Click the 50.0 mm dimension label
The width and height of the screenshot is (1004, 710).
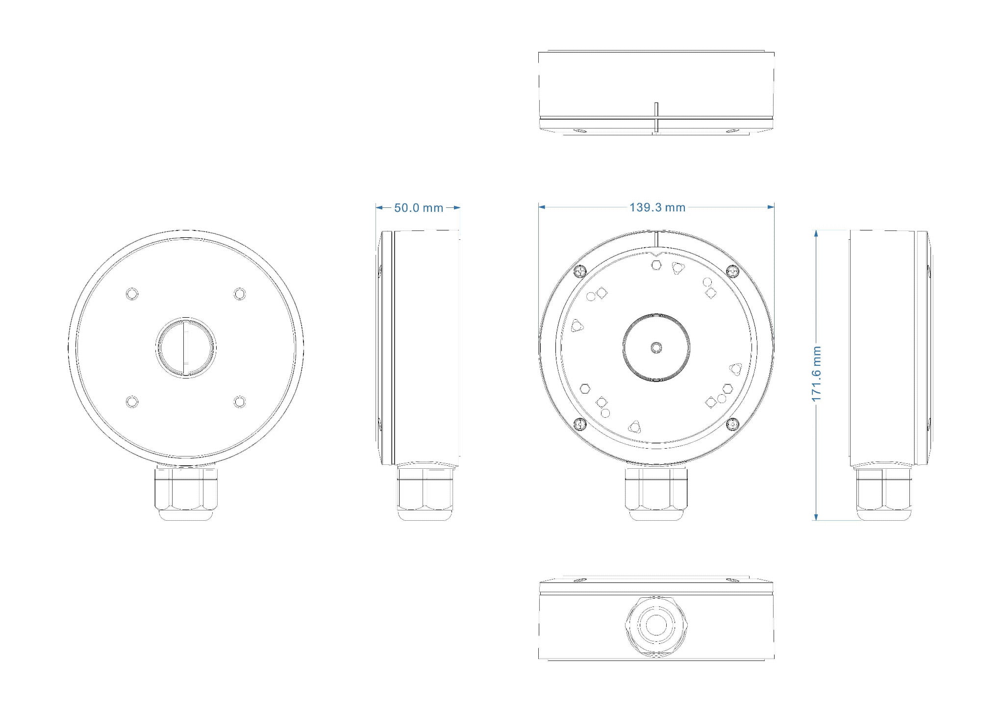[419, 208]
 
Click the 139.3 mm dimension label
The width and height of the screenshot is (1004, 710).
[657, 207]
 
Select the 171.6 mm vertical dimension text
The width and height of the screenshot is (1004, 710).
[816, 374]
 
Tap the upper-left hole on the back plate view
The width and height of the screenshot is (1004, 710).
[132, 294]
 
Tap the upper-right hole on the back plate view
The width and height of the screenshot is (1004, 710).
[239, 294]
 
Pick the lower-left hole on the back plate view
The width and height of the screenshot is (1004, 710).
[132, 402]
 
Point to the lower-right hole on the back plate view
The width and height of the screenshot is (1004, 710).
[239, 402]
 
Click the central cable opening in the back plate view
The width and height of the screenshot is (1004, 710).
[185, 348]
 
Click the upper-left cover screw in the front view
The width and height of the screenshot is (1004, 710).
[580, 271]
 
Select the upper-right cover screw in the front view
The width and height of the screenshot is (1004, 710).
[732, 271]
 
